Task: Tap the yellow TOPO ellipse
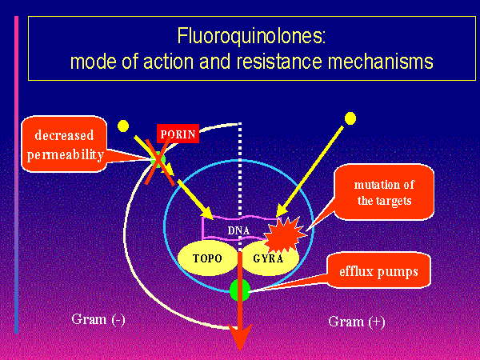click(x=206, y=259)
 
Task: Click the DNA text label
click(x=238, y=231)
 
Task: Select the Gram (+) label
click(x=357, y=322)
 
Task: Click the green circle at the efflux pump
click(x=239, y=290)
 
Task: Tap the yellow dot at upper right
click(x=350, y=118)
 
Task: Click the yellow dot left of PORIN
click(x=122, y=126)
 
